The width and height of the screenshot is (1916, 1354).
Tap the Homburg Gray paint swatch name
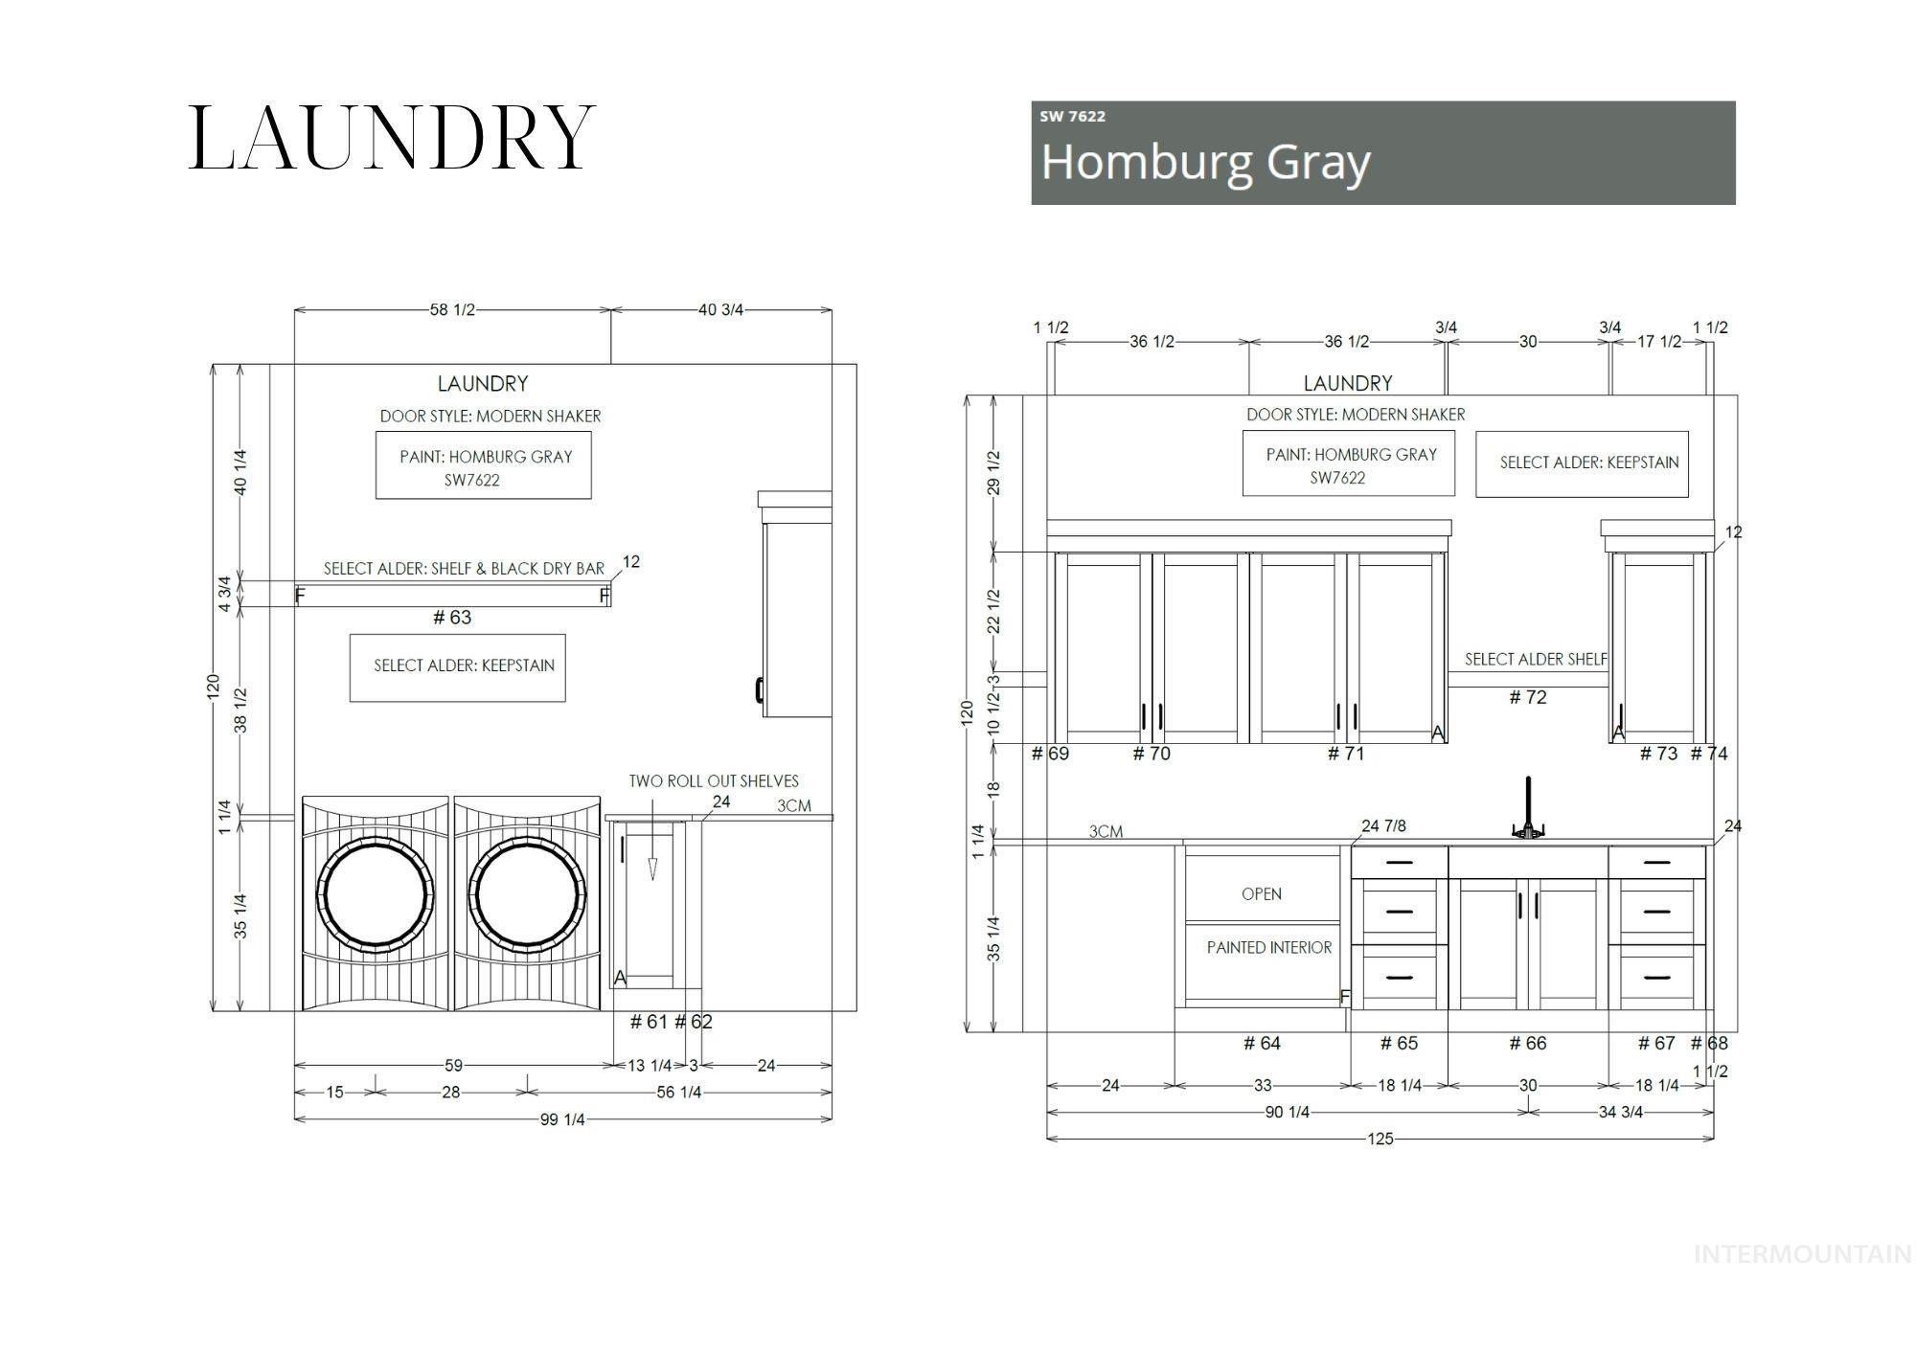[1205, 162]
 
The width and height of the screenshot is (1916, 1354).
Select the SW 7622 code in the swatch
[1072, 117]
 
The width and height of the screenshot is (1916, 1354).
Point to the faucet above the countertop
[1528, 808]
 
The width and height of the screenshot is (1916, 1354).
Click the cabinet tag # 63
[452, 618]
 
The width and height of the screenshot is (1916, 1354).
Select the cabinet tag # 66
[1527, 1044]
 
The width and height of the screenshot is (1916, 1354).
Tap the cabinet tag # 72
[1527, 698]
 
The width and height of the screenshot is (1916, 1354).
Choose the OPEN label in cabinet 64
[1261, 894]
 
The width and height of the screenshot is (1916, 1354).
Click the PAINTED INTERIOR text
[1268, 948]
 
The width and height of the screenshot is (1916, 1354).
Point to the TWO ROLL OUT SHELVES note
[713, 781]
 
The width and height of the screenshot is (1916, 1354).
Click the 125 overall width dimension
[1380, 1140]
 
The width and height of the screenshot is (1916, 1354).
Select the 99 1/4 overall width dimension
[561, 1119]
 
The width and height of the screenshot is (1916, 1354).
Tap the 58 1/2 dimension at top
[451, 310]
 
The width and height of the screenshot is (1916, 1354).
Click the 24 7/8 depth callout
[1383, 826]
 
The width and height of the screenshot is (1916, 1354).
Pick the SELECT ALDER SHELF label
[1535, 660]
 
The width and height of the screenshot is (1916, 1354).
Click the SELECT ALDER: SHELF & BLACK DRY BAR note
[464, 569]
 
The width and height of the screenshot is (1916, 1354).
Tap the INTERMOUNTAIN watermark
[1802, 1254]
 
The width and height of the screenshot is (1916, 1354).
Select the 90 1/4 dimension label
[1287, 1113]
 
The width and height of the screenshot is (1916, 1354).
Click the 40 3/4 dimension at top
[720, 310]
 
